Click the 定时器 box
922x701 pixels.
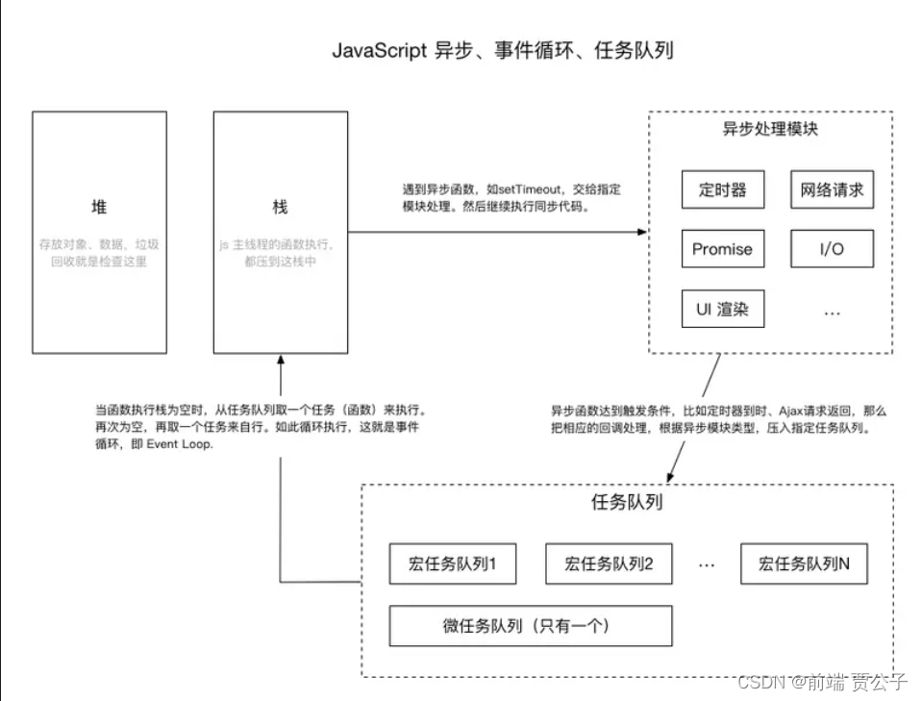722,189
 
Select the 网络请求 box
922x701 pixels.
832,189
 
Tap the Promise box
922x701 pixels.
722,249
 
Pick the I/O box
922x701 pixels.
832,249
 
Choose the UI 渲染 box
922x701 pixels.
722,310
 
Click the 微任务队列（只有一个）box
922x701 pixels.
530,626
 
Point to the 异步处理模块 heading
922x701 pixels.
770,129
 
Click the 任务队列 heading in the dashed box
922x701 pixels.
626,501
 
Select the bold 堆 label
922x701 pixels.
98,207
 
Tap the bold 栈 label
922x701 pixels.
280,207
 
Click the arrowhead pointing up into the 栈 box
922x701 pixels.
280,359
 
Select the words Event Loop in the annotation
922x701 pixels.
182,445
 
